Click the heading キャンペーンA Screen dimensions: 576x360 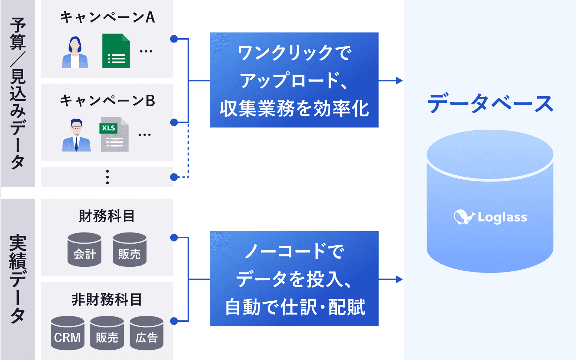(107, 17)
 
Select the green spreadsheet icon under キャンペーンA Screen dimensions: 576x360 (116, 51)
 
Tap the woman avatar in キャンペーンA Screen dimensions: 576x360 (75, 52)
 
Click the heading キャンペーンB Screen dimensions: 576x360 (107, 101)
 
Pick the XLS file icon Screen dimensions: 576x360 (114, 135)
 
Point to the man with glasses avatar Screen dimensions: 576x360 (76, 135)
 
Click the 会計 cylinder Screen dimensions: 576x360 (84, 249)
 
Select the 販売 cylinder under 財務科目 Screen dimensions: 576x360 (130, 249)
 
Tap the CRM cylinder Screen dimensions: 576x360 (67, 333)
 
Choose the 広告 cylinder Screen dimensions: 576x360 (146, 333)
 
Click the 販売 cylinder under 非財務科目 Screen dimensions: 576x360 (107, 333)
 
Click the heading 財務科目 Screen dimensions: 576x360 (107, 216)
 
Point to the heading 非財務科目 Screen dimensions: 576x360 (107, 300)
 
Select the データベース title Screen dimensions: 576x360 (490, 103)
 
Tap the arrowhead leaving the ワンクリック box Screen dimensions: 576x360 (399, 80)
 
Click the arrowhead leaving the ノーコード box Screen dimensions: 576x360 (399, 279)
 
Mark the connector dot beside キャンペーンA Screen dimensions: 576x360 (174, 39)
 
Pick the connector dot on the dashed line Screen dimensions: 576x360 (174, 177)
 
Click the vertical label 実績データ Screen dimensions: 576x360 (18, 279)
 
